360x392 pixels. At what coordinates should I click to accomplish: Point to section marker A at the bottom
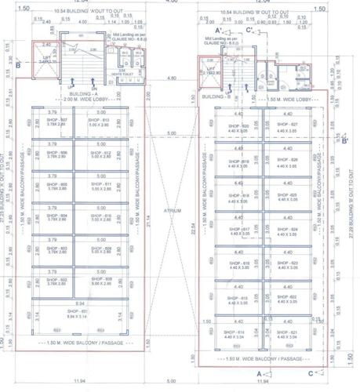pos(258,375)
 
